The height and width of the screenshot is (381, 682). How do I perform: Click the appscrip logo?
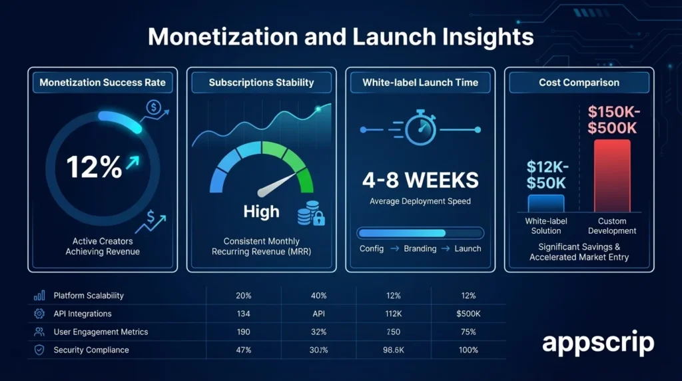[597, 343]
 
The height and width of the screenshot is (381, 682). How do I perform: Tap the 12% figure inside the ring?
[95, 167]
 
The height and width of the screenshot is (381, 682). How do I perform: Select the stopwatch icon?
[420, 127]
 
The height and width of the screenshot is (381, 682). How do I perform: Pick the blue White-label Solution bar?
[545, 203]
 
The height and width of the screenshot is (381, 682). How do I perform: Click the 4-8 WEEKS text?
[420, 180]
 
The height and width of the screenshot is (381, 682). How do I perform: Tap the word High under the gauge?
[261, 212]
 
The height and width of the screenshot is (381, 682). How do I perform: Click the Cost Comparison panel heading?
[578, 83]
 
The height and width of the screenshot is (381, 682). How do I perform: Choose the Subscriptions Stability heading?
[261, 83]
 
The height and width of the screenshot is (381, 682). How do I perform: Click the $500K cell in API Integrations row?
[468, 314]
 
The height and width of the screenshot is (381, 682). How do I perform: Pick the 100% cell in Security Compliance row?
[468, 350]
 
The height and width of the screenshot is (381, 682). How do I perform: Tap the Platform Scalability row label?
[89, 296]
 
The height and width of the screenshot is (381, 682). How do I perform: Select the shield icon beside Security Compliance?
[39, 350]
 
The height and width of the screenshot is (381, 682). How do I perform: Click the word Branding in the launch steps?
[420, 248]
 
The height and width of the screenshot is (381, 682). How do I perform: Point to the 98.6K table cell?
[394, 350]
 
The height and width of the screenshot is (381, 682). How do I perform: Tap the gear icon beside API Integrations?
[39, 314]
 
